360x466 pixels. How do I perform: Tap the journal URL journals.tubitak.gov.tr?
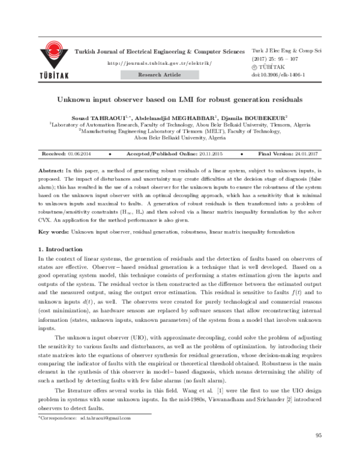159,63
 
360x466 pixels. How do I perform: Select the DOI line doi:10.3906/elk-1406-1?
280,75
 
